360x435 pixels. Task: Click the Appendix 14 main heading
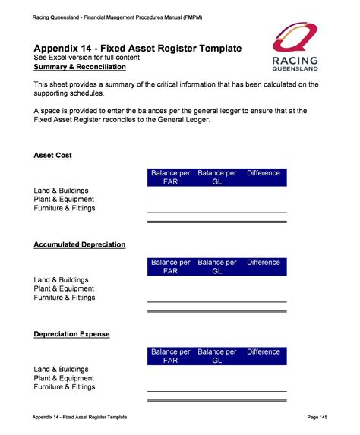coord(137,49)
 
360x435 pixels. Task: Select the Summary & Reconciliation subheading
coord(80,68)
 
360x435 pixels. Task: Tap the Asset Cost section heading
coord(53,156)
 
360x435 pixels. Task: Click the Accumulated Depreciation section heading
coord(80,245)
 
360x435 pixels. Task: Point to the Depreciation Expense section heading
coord(71,334)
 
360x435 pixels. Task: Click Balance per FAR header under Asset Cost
coord(170,178)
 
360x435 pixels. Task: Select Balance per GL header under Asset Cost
coord(216,178)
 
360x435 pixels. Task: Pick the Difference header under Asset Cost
coord(264,174)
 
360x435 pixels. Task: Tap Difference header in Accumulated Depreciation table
coord(264,263)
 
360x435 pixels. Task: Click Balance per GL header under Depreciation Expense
coord(216,356)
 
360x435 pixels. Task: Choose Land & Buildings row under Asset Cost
coord(62,190)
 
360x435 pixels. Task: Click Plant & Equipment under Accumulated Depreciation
coord(64,288)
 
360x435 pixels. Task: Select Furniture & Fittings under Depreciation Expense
coord(65,387)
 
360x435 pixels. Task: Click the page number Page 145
coord(317,418)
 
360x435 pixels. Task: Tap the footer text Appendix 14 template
coord(80,418)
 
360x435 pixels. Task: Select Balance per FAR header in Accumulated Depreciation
coord(170,266)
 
